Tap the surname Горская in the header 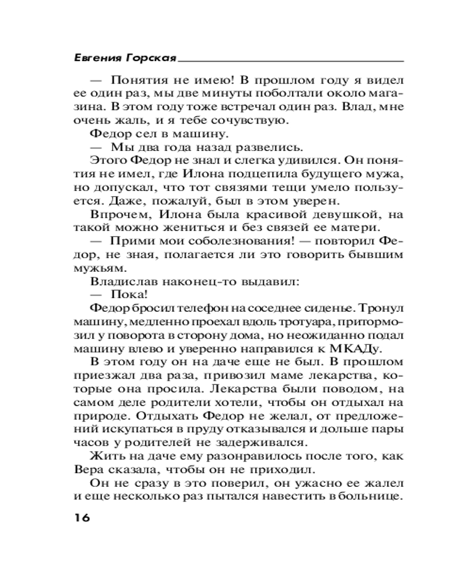point(150,58)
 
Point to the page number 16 point(82,519)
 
